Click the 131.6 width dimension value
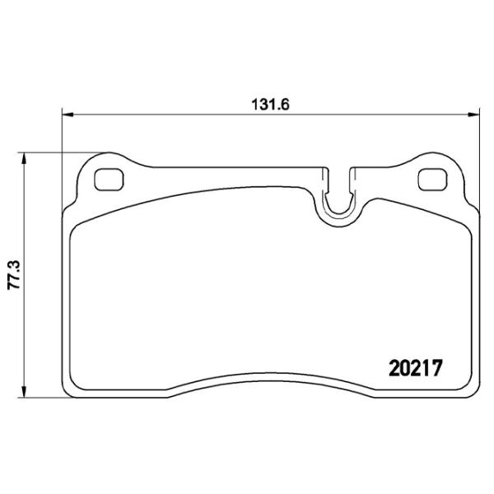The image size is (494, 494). (270, 105)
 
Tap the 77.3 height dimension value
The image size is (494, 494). (14, 275)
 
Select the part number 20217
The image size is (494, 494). (416, 368)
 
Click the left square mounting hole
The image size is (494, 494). (109, 179)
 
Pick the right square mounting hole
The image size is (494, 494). (432, 179)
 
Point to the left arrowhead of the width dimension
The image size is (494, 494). (68, 114)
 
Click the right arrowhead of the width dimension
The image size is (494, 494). (473, 114)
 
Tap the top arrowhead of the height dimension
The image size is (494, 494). (23, 159)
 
